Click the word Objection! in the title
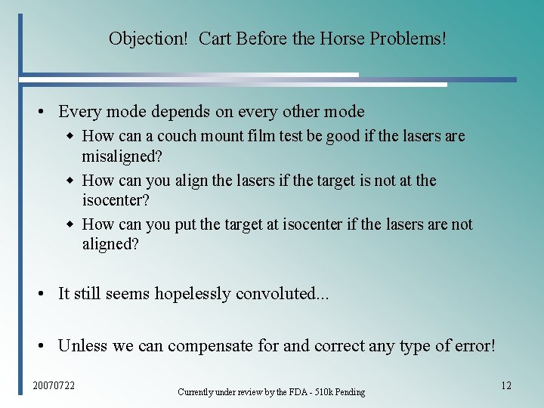(x=148, y=39)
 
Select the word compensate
(x=211, y=346)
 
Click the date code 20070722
(x=54, y=386)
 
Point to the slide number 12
(x=505, y=385)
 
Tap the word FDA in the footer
(x=301, y=392)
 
